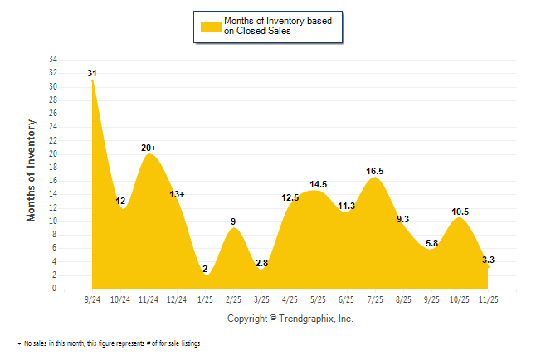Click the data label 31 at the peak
(92, 74)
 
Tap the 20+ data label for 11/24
(149, 148)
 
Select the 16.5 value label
(374, 171)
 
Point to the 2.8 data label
(262, 264)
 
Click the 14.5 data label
(319, 184)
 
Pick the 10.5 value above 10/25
(460, 212)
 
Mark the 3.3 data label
(489, 260)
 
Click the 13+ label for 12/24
(178, 194)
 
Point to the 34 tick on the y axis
(52, 60)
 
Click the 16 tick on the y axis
(52, 181)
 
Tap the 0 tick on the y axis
(55, 289)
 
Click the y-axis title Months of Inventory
(32, 170)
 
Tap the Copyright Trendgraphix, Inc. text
(290, 319)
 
